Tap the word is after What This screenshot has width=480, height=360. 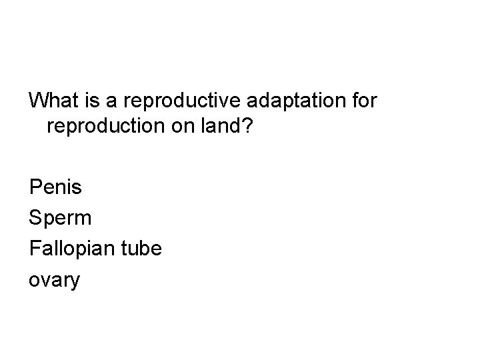click(x=95, y=101)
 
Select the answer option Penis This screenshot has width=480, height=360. click(x=56, y=187)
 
